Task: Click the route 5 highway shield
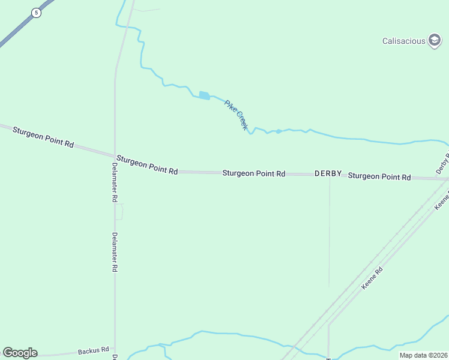click(37, 13)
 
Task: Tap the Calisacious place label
click(403, 41)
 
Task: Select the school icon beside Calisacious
click(435, 41)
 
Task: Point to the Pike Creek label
click(236, 115)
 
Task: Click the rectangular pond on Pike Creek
click(204, 95)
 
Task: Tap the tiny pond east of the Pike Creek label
click(279, 131)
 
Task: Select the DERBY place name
click(328, 173)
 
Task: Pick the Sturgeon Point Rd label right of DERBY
click(379, 176)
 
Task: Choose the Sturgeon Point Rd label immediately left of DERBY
click(253, 173)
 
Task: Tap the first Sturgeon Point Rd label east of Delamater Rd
click(147, 164)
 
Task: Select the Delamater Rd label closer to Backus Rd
click(114, 253)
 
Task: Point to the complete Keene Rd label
click(372, 279)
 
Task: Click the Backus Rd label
click(93, 350)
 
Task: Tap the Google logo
click(20, 353)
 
